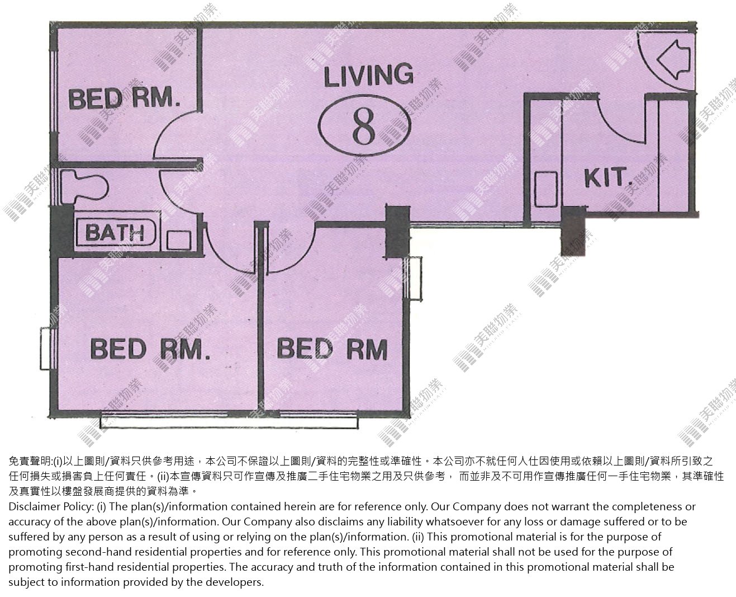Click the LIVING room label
(368, 75)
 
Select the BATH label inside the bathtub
(115, 232)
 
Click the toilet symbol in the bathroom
(84, 187)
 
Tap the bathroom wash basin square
(179, 239)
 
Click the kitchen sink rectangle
(546, 189)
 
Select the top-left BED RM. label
(125, 98)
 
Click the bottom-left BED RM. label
(150, 349)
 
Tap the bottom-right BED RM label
(332, 349)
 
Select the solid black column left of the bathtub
(62, 231)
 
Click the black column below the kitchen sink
(573, 231)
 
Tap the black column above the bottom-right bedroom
(397, 232)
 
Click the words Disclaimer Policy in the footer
(51, 507)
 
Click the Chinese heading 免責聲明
(30, 461)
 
